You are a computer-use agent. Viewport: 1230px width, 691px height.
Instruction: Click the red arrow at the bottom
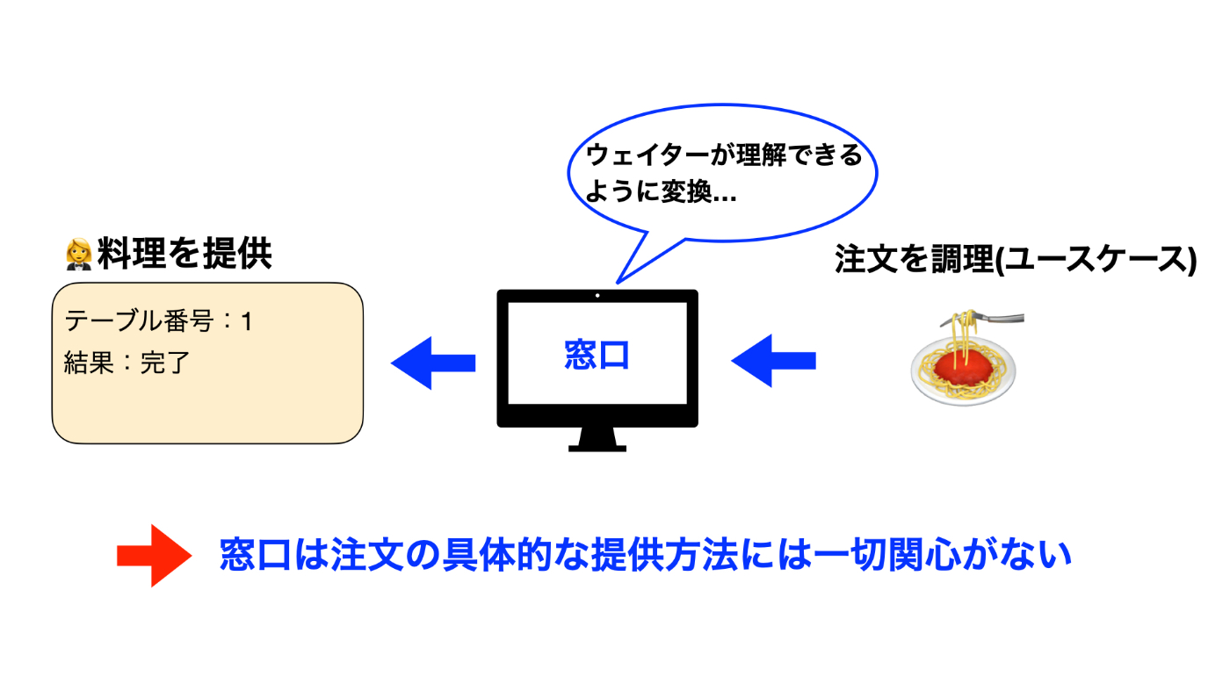[154, 555]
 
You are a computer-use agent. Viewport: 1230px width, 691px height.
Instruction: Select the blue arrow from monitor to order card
[432, 362]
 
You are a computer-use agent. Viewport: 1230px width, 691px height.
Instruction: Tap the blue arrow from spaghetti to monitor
[773, 360]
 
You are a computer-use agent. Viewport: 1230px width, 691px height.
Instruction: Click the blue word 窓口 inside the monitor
[597, 355]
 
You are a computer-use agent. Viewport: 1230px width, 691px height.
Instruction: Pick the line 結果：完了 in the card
[127, 362]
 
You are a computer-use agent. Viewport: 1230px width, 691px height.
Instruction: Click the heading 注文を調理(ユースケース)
[1016, 260]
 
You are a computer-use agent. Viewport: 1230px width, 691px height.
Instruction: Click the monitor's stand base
[597, 447]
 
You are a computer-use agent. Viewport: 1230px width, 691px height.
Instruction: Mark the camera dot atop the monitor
[597, 295]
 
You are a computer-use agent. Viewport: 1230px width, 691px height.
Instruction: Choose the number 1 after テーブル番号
[247, 322]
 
